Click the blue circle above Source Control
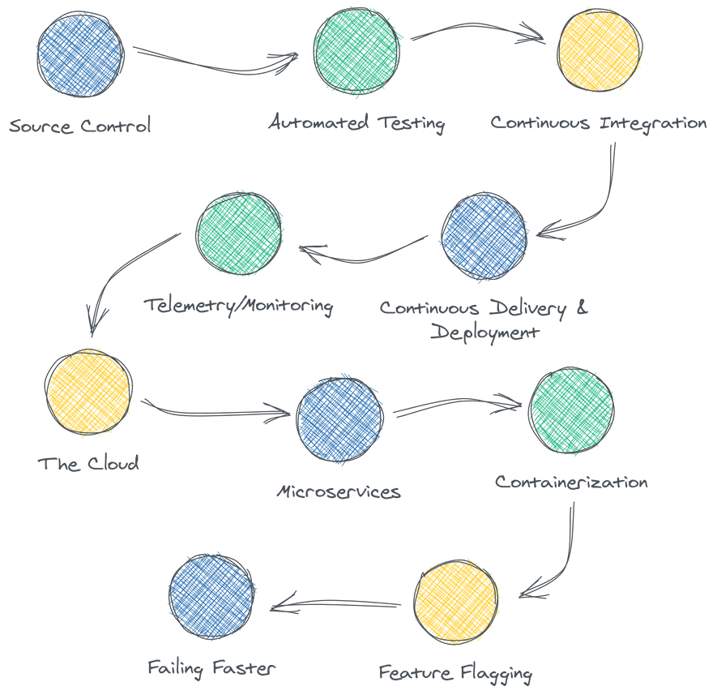(80, 54)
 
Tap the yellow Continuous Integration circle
(600, 52)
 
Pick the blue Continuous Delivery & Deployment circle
(484, 236)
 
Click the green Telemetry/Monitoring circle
(240, 234)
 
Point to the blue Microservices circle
(339, 419)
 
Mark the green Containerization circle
(571, 410)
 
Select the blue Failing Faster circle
(212, 598)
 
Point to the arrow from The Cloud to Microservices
(217, 411)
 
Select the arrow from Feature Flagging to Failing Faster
(336, 604)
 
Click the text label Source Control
(80, 127)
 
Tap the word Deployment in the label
(484, 332)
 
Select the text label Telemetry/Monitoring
(239, 307)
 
